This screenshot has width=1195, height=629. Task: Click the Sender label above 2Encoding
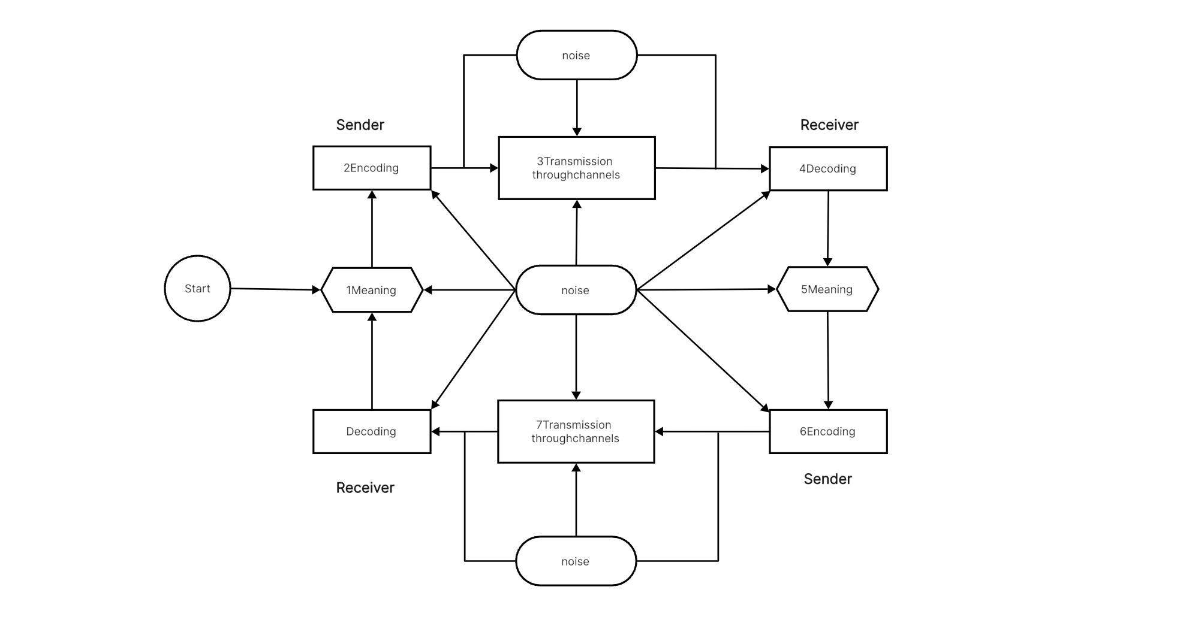360,125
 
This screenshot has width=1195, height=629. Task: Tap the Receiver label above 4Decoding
829,125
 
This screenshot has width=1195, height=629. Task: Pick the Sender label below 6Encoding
827,479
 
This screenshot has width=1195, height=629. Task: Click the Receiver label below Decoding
365,488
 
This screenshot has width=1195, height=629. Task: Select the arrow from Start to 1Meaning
276,289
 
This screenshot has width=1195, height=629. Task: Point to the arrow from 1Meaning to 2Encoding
372,229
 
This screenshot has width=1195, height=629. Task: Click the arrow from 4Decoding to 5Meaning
828,229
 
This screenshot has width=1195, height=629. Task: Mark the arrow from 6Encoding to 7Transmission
712,431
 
